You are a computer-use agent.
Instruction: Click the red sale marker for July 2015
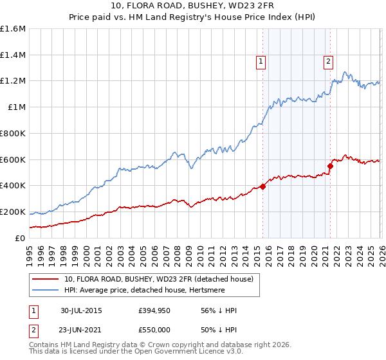coord(263,186)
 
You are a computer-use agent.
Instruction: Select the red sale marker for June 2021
coord(330,166)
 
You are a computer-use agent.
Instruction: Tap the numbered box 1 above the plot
coord(261,62)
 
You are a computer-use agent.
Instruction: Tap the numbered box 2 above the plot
coord(328,62)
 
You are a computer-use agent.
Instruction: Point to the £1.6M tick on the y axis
coord(13,29)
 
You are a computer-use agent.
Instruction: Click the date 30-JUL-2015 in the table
coord(81,310)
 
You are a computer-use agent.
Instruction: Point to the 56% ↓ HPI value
coord(219,310)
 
